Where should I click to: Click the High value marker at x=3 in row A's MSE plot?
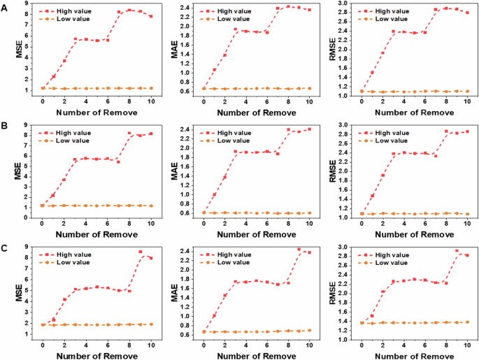coord(75,39)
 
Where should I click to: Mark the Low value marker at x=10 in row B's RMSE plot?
coord(468,214)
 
